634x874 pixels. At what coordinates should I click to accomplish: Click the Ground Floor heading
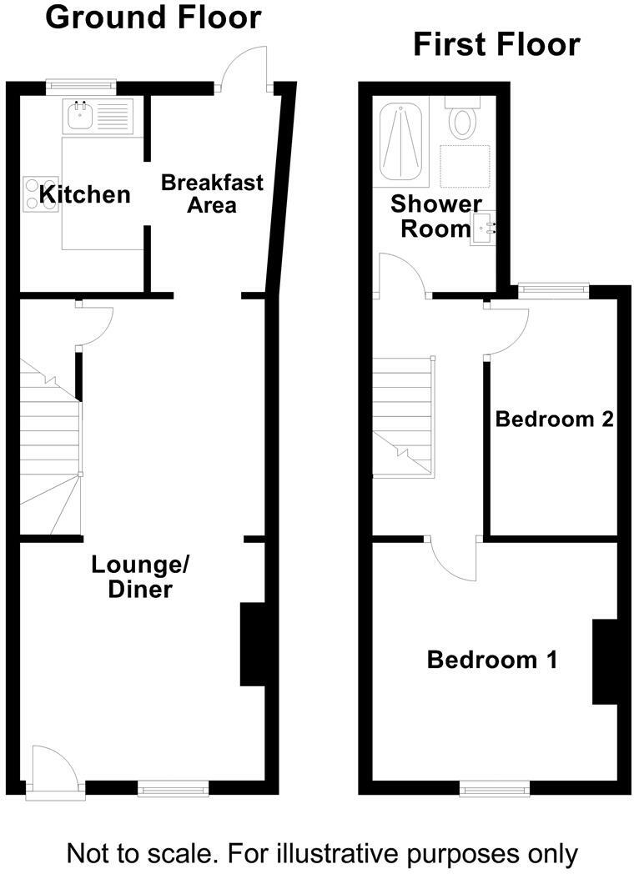[153, 17]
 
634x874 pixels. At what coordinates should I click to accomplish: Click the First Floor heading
[496, 44]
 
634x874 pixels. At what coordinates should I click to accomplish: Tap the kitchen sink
[81, 118]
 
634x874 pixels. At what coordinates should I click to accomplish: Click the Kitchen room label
[87, 195]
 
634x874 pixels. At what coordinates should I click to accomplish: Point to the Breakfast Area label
[211, 193]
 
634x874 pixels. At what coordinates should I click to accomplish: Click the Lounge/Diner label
[140, 577]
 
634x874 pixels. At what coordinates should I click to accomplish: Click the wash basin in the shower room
[484, 228]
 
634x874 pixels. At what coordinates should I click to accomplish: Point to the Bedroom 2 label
[555, 419]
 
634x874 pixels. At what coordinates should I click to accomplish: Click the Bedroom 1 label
[492, 661]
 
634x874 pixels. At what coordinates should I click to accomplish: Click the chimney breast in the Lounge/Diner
[252, 644]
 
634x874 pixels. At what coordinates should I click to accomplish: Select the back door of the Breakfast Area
[244, 67]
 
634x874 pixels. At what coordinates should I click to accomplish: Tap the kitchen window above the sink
[81, 83]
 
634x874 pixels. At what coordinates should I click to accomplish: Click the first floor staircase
[403, 417]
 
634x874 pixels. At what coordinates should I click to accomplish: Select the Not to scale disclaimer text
[321, 852]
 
